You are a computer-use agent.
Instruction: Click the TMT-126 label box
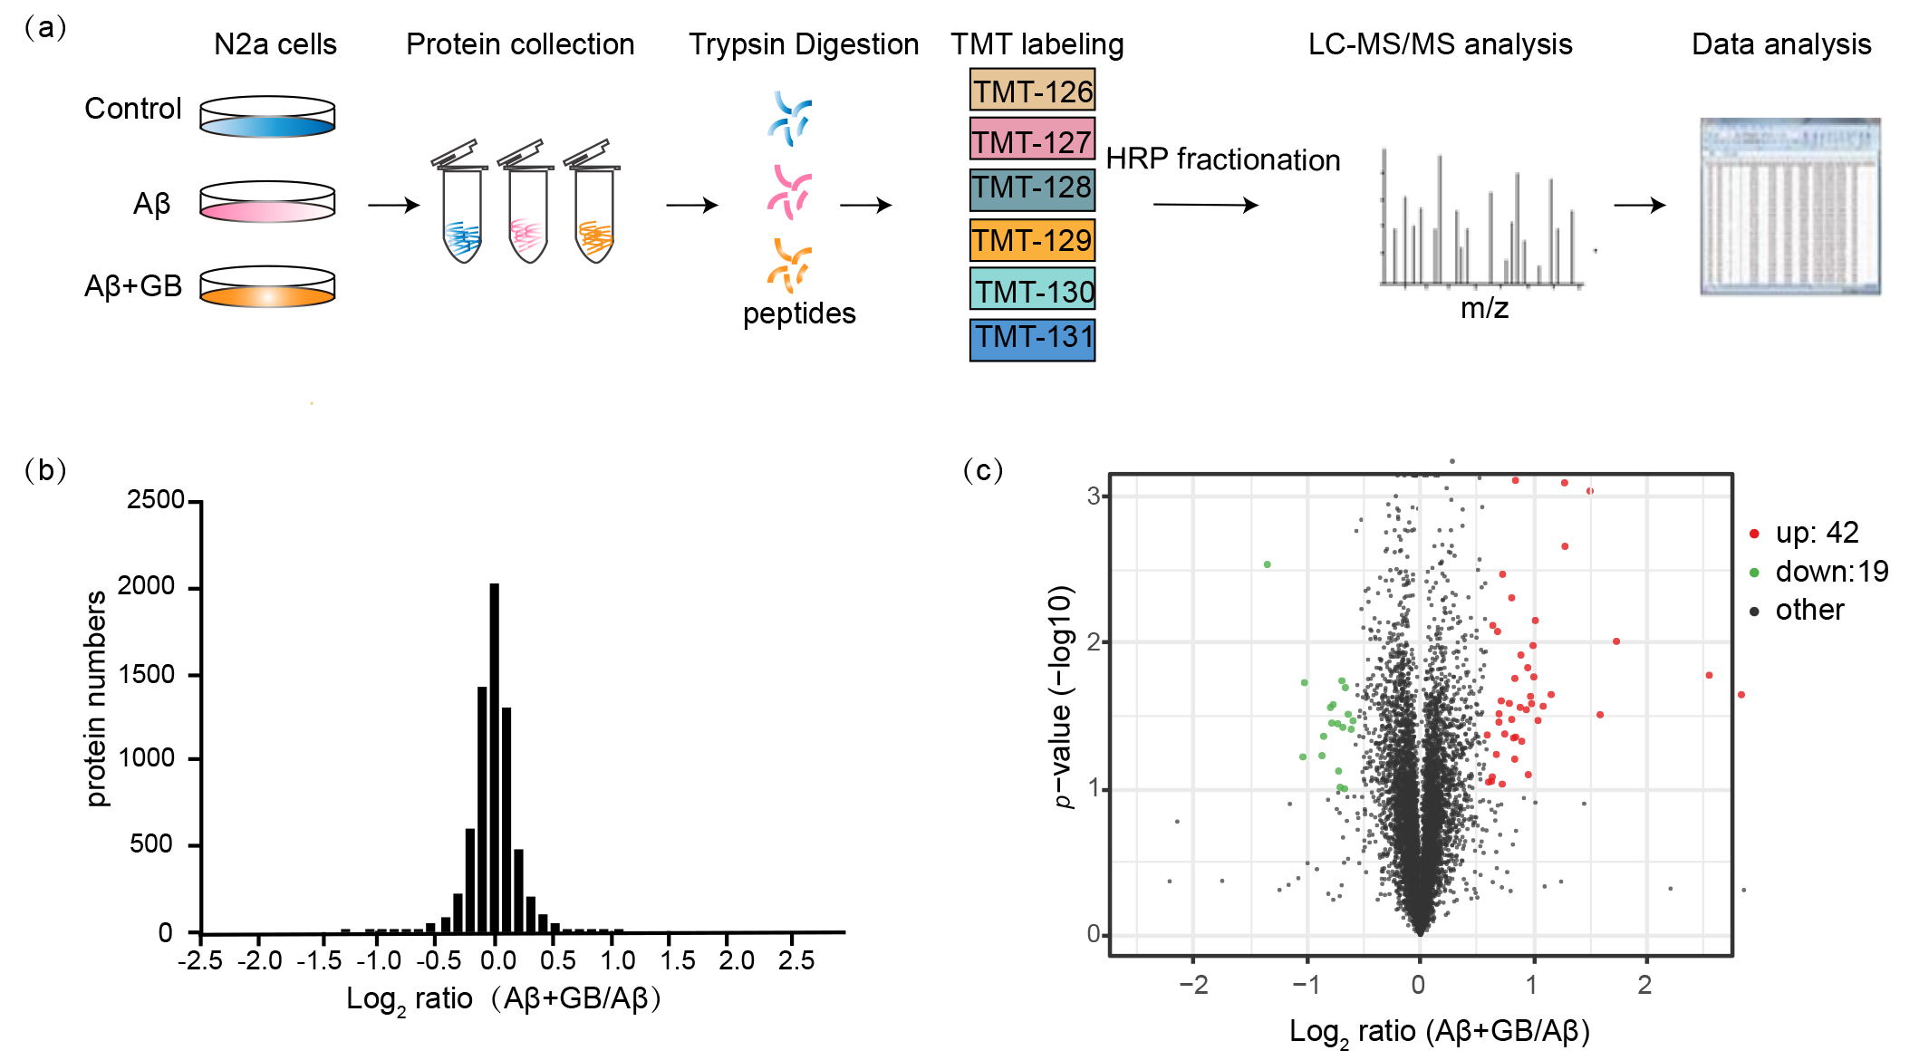click(1032, 91)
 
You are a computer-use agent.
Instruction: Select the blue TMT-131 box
click(1032, 339)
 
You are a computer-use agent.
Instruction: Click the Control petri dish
click(267, 117)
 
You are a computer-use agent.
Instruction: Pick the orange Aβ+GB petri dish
click(267, 287)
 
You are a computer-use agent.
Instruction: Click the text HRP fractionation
click(1222, 159)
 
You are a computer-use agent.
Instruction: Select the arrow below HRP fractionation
click(1205, 205)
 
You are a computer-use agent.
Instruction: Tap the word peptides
click(799, 313)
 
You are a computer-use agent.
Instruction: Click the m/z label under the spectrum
click(1484, 309)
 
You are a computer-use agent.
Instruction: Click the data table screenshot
click(1789, 207)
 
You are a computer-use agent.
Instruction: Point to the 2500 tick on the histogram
click(156, 500)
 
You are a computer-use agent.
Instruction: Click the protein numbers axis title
click(96, 698)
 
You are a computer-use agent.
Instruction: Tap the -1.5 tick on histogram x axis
click(319, 959)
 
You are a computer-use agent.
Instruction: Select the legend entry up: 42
click(1816, 533)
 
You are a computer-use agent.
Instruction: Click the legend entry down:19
click(1830, 572)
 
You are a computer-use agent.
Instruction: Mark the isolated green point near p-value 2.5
click(1268, 564)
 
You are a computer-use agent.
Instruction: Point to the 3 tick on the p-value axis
click(1095, 496)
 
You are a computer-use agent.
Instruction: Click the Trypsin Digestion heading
click(804, 44)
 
